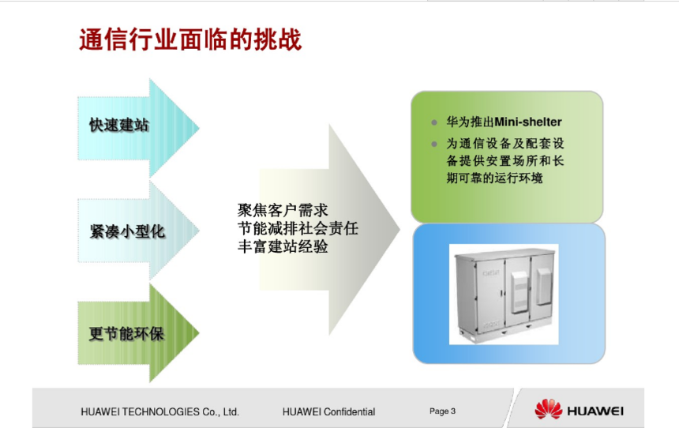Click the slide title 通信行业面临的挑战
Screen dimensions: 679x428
[x=190, y=39]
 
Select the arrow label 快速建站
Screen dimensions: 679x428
[x=119, y=126]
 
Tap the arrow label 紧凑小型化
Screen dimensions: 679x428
[x=127, y=231]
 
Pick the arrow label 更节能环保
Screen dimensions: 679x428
[x=126, y=333]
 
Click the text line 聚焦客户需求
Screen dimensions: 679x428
[x=283, y=211]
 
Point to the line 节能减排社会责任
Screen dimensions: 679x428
[x=298, y=228]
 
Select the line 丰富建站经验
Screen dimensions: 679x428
[x=283, y=246]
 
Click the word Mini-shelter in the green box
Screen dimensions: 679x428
[x=528, y=122]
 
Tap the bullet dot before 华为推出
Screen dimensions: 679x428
[x=434, y=122]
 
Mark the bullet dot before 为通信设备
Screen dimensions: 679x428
[x=434, y=144]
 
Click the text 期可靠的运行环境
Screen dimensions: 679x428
[x=494, y=178]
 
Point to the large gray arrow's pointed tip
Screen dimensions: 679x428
[x=400, y=230]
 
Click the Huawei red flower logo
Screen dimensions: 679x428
[x=548, y=409]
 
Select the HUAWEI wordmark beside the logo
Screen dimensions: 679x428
[x=595, y=411]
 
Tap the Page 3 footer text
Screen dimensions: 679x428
[x=443, y=411]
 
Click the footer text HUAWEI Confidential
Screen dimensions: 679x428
[x=328, y=412]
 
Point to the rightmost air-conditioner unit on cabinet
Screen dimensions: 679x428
[x=543, y=286]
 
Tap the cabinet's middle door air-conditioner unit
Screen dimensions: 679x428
[x=520, y=291]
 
